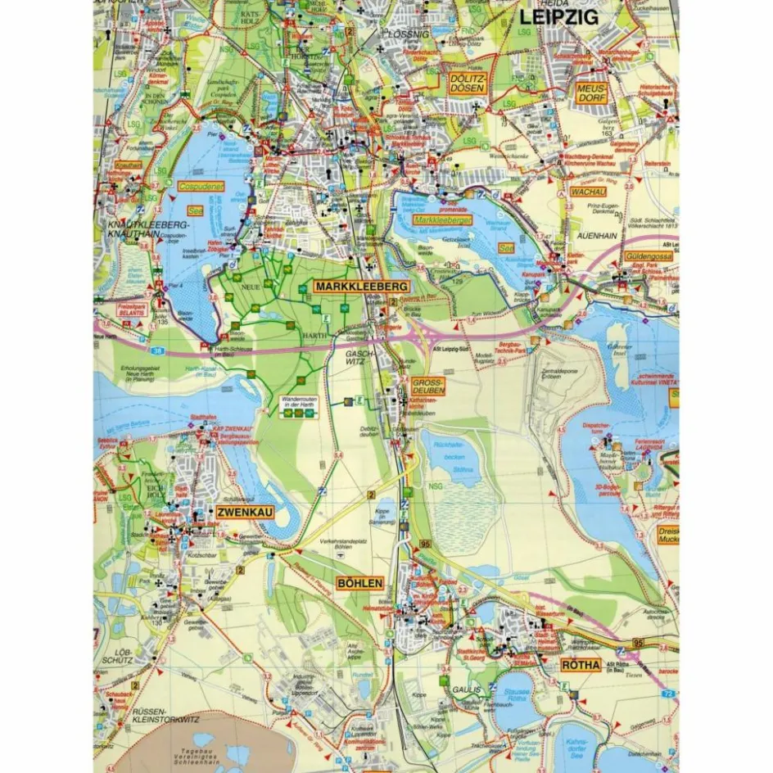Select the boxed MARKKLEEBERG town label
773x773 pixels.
coord(360,287)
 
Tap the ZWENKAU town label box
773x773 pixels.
coord(245,513)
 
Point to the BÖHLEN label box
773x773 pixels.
coord(359,583)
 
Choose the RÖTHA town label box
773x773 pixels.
coord(581,664)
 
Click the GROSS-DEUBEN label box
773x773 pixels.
coord(427,386)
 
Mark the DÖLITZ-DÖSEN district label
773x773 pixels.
coord(468,82)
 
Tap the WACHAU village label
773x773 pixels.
coord(587,192)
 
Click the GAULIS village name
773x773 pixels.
coord(463,689)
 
